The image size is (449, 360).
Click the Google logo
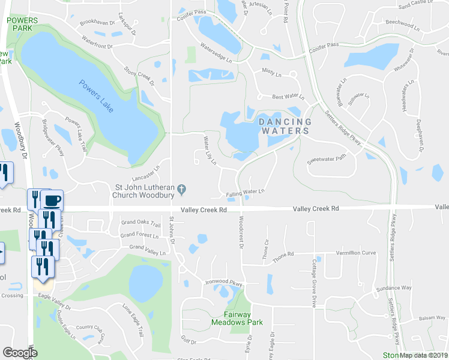point(20,353)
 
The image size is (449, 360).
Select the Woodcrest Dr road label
point(241,233)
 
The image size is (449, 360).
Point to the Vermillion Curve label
point(356,253)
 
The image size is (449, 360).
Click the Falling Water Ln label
point(246,193)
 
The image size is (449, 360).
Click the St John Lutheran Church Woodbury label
point(144,190)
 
